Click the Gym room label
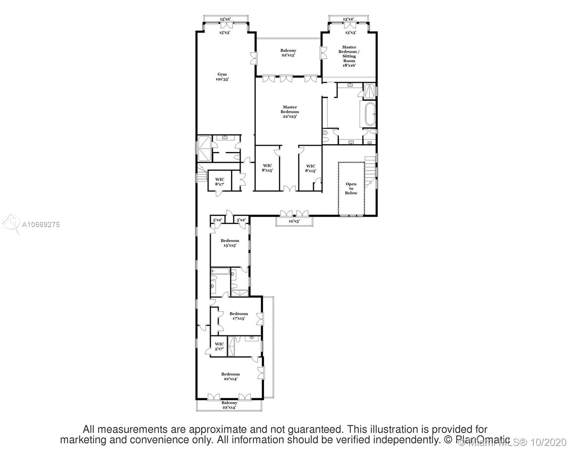(222, 77)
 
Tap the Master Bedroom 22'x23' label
(289, 112)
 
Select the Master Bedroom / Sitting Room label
(349, 56)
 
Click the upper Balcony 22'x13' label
(288, 53)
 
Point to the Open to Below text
(351, 188)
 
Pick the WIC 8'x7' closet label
(220, 182)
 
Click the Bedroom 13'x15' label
(230, 243)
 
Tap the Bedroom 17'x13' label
(239, 316)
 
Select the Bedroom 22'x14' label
(230, 376)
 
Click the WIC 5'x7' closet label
(219, 346)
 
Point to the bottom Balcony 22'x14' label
(229, 405)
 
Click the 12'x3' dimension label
(294, 221)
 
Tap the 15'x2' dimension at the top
(225, 19)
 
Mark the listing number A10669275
(41, 224)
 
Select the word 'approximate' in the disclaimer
(220, 429)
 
